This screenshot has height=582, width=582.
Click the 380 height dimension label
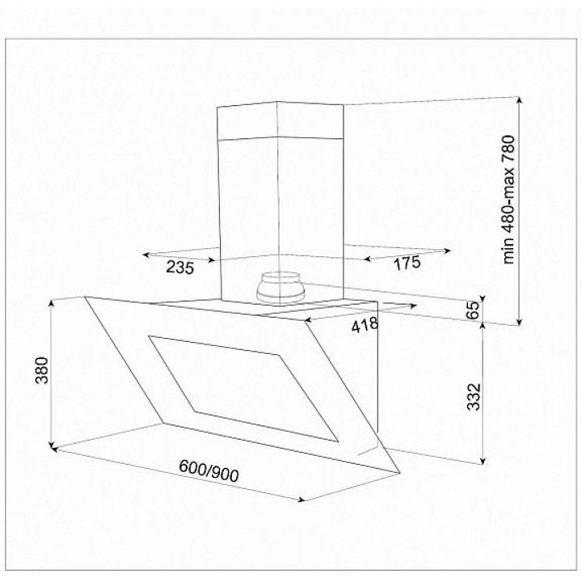pos(41,370)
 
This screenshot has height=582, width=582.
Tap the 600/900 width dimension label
pos(209,470)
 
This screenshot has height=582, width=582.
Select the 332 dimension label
pos(474,397)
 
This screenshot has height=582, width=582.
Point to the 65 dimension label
pos(473,310)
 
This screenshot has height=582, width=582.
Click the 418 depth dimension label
pos(365,325)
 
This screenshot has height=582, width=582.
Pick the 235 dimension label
pos(179,268)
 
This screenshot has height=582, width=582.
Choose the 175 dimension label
pos(407,263)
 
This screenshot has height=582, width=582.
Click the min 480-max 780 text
pos(508,200)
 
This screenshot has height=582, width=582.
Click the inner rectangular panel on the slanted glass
pos(243,389)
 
